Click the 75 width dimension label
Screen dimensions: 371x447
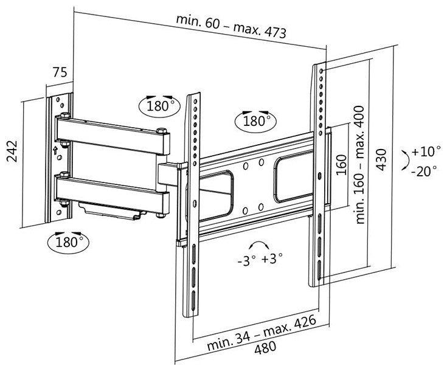[59, 72]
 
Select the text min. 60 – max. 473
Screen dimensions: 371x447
[231, 25]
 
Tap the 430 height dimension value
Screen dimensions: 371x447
[381, 159]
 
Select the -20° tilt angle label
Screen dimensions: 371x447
[424, 171]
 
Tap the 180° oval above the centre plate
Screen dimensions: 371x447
[255, 120]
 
